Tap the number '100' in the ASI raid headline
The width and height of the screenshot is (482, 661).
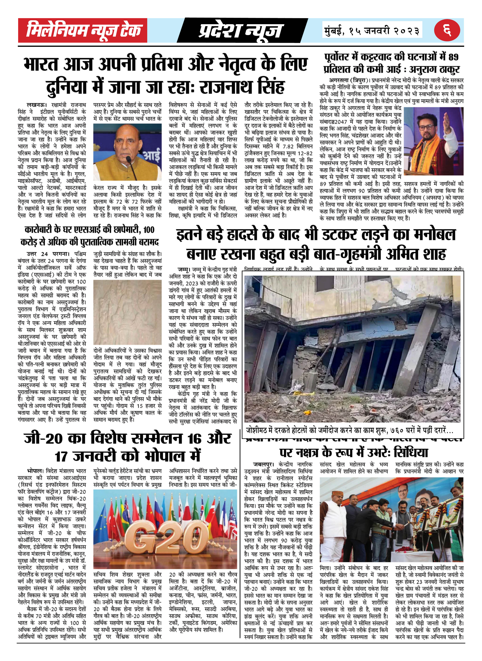point(149,230)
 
